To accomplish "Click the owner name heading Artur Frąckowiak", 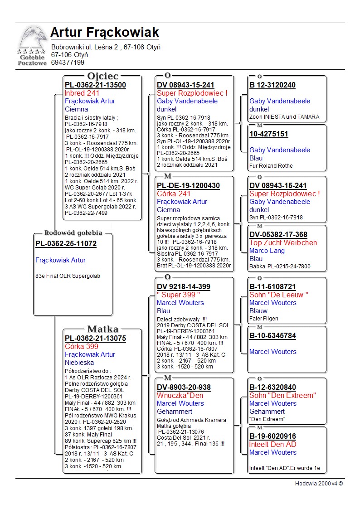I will click(x=105, y=33).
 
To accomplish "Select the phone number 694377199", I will click(x=68, y=63).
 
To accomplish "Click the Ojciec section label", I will click(x=102, y=76).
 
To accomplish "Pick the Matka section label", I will click(x=102, y=330).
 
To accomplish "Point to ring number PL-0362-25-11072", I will click(x=66, y=244).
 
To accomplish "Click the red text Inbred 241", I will click(x=82, y=93).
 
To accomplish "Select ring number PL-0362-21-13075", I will click(x=95, y=339).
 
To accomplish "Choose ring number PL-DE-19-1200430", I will click(x=188, y=186).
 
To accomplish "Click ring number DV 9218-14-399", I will click(x=183, y=287).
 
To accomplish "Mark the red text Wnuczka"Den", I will click(x=180, y=396).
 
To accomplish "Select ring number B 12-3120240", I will click(x=272, y=85).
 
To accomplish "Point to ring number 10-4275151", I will click(x=268, y=134).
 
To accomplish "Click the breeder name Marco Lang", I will click(x=267, y=251).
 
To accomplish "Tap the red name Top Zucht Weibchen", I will click(x=283, y=243).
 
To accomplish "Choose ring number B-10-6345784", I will click(x=272, y=336).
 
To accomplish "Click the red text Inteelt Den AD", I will click(x=272, y=445).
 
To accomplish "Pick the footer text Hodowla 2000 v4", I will click(x=319, y=484).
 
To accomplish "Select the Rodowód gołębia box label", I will click(x=73, y=233).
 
